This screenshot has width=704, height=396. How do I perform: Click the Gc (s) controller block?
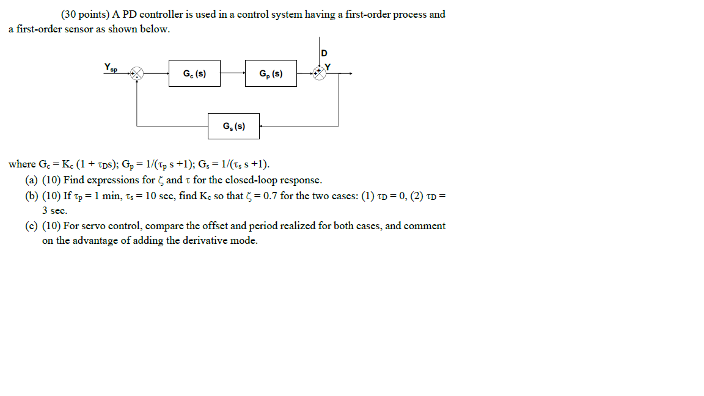tap(194, 73)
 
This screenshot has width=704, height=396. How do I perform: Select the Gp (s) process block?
tap(271, 73)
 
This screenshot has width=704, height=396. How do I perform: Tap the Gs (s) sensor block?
tap(233, 126)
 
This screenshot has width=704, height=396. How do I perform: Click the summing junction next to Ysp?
tap(137, 73)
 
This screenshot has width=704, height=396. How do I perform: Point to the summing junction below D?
tap(319, 73)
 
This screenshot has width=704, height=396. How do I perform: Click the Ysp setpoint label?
tap(111, 66)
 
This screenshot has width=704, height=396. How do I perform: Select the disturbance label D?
tap(324, 53)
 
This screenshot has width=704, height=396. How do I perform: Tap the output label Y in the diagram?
tap(328, 67)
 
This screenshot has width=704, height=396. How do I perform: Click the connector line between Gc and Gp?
tap(233, 73)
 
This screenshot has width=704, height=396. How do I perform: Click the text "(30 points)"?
tap(86, 14)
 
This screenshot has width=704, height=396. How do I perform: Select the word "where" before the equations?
tap(22, 164)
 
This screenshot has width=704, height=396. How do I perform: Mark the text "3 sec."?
tap(55, 210)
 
